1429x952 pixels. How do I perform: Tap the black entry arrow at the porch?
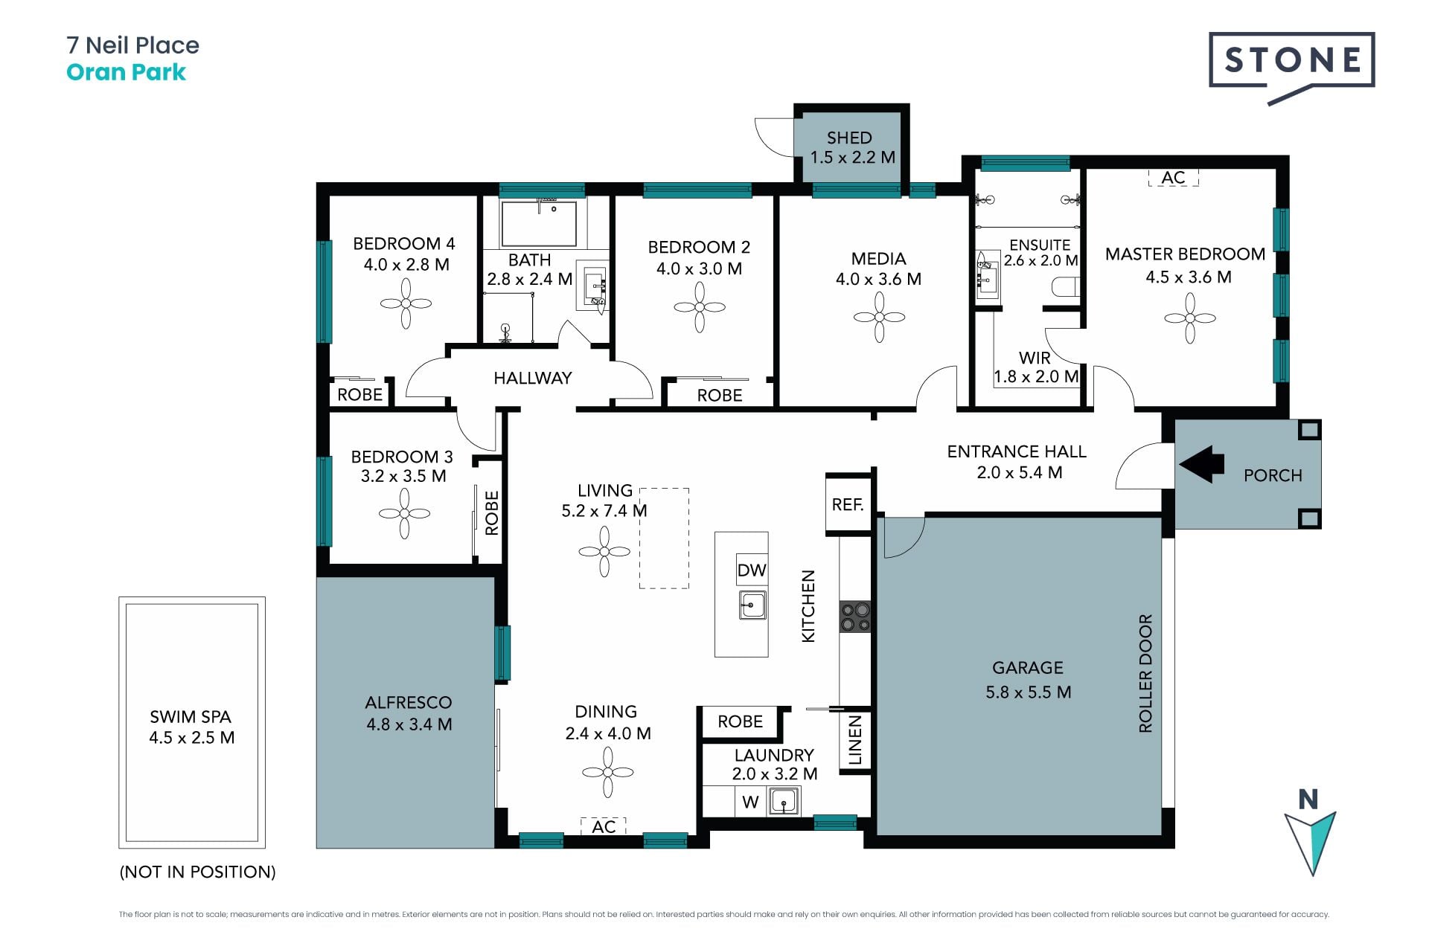click(x=1201, y=465)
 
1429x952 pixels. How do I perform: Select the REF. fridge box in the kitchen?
click(x=848, y=505)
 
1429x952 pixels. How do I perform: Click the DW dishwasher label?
click(x=752, y=570)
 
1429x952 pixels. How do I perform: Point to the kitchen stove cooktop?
click(x=855, y=617)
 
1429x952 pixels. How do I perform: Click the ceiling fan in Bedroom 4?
click(x=406, y=303)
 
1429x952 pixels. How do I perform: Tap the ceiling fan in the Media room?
click(x=879, y=317)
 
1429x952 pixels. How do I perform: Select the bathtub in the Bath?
click(x=539, y=223)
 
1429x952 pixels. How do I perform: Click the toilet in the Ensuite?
click(x=1065, y=287)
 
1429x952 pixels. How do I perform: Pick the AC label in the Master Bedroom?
click(x=1173, y=178)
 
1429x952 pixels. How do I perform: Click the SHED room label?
click(x=849, y=138)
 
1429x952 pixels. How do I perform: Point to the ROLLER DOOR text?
click(x=1145, y=674)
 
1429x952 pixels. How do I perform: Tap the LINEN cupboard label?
click(x=855, y=740)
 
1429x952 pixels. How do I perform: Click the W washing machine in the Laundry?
click(x=750, y=802)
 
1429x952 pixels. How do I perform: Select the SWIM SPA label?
click(x=191, y=717)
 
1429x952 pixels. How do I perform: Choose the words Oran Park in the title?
click(x=126, y=72)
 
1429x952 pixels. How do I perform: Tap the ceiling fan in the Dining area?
click(x=608, y=772)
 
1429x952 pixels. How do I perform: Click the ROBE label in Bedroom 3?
click(x=491, y=513)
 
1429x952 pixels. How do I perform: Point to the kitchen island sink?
click(x=752, y=605)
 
